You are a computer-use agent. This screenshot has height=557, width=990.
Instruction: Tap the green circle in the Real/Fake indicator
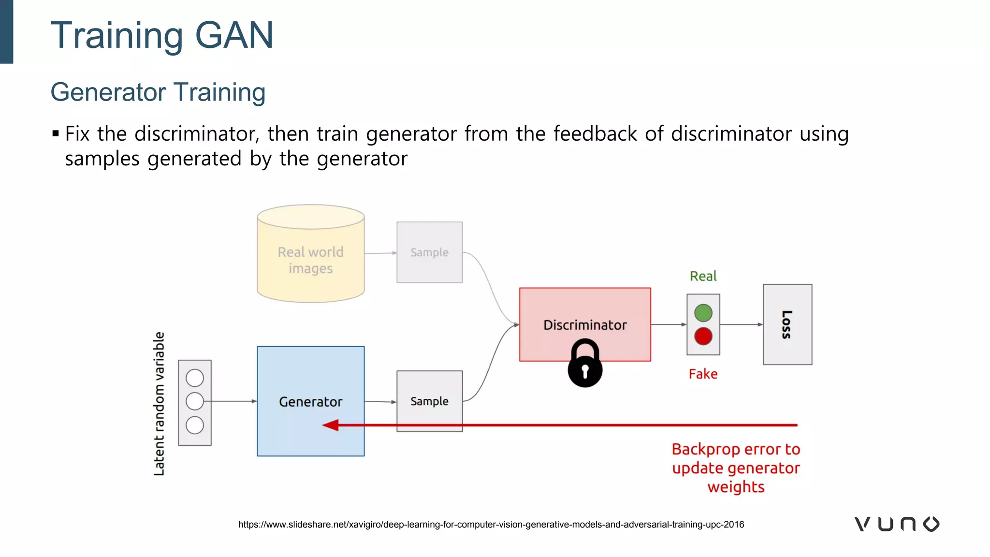703,313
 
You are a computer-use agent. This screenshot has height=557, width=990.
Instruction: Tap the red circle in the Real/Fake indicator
703,336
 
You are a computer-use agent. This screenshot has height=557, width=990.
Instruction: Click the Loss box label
787,324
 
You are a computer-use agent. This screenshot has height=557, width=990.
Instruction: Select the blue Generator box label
310,402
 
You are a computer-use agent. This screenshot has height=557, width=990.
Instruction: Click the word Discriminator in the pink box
585,325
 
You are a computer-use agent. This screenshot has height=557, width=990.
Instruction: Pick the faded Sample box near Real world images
429,252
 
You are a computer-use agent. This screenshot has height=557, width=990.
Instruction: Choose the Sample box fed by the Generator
429,401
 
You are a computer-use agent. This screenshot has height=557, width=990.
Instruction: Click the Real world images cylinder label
310,260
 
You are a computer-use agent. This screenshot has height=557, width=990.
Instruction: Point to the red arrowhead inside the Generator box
331,425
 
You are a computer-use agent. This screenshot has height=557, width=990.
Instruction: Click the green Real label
703,276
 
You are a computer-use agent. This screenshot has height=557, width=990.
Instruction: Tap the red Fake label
703,374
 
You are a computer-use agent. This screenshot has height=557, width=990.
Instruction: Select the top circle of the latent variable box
195,378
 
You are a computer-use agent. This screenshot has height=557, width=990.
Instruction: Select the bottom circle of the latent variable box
195,425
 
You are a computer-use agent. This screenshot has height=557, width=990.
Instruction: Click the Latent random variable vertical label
159,404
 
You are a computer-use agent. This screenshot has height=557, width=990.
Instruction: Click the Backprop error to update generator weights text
736,468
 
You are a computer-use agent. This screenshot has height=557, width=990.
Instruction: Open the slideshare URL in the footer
491,525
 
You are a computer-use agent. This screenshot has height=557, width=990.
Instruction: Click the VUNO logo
897,524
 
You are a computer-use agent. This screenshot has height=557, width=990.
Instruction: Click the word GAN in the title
234,35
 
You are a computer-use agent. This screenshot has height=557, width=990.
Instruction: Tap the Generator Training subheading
158,92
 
